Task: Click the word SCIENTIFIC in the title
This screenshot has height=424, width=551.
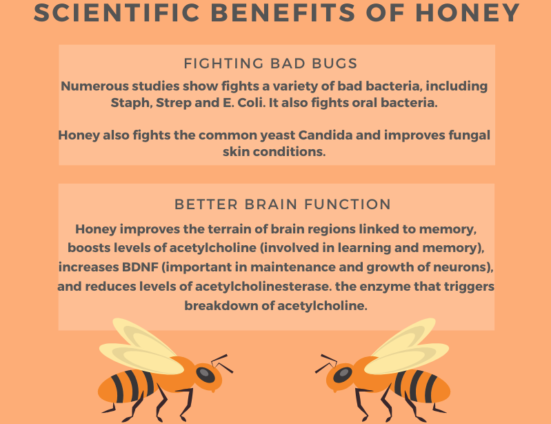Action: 117,13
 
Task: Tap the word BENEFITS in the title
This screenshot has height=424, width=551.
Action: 283,13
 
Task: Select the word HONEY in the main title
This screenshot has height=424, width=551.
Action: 468,13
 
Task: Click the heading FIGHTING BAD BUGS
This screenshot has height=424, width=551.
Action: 270,64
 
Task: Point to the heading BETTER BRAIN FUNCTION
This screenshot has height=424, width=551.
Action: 283,204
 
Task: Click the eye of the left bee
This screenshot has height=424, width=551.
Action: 206,375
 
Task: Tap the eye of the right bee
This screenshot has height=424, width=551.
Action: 343,375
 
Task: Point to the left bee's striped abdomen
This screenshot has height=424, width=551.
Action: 128,386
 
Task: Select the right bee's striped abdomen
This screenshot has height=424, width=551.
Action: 420,386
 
